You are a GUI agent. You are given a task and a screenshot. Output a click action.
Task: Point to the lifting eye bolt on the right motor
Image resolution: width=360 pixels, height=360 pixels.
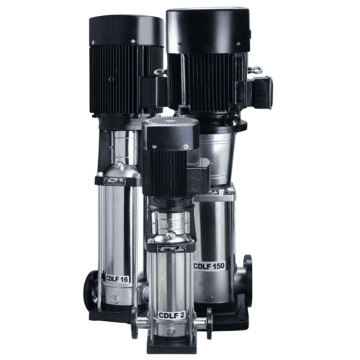click(253, 70)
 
